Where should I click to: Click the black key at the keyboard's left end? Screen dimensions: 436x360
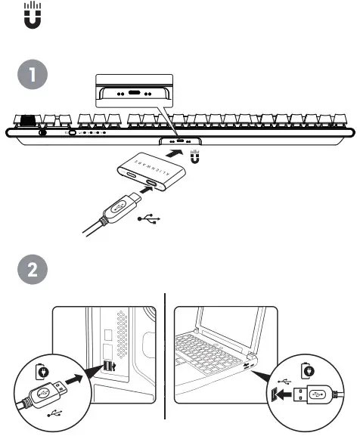tap(29, 119)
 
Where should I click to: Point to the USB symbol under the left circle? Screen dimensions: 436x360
tap(54, 414)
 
